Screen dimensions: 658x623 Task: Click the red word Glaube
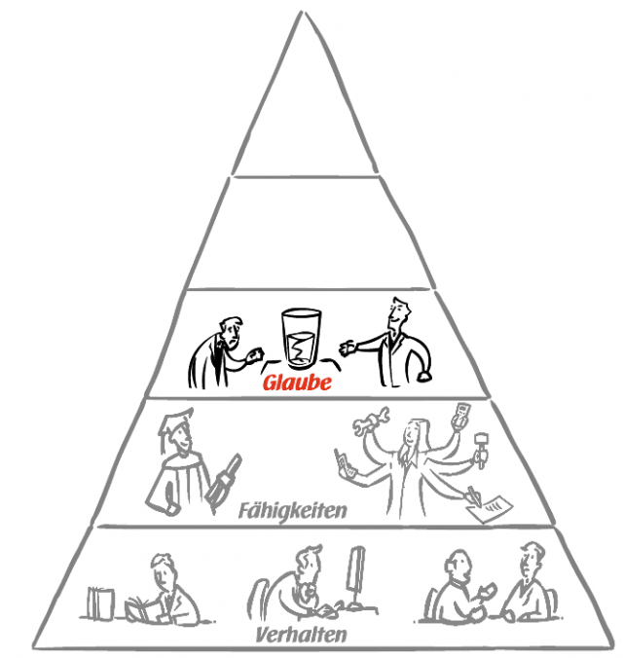tap(297, 384)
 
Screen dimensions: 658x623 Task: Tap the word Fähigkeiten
tap(293, 509)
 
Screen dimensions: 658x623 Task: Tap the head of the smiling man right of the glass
tap(396, 313)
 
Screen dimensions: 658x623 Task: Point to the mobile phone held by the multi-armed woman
tap(340, 460)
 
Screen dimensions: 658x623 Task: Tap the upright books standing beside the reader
tap(100, 603)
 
